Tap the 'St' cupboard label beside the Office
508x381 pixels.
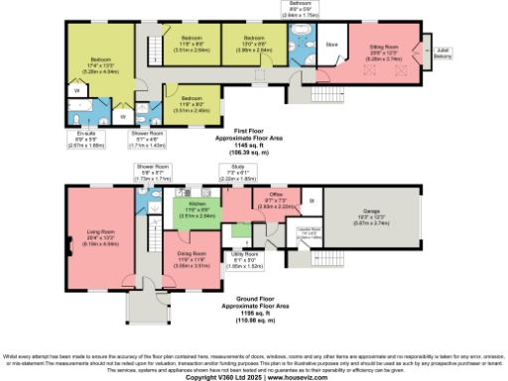(312, 201)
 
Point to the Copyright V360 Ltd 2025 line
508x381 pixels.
(254, 376)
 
